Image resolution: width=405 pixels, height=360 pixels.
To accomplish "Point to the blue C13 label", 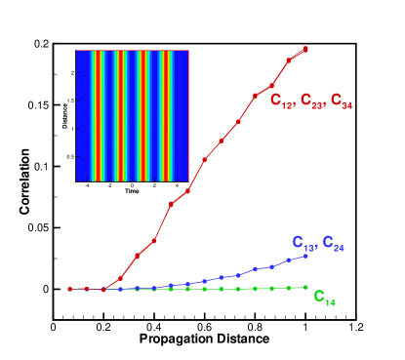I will pyautogui.click(x=304, y=242).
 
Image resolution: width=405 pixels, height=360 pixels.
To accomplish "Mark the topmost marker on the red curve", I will pyautogui.click(x=305, y=49).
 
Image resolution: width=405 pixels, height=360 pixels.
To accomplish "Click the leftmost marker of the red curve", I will pyautogui.click(x=70, y=289).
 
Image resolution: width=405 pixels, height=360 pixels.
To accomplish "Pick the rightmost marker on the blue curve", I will pyautogui.click(x=305, y=256).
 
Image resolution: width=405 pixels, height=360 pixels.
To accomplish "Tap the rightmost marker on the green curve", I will pyautogui.click(x=305, y=287).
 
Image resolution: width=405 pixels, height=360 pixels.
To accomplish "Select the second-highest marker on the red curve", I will pyautogui.click(x=289, y=60).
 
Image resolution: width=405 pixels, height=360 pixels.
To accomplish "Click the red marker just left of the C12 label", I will pyautogui.click(x=255, y=96).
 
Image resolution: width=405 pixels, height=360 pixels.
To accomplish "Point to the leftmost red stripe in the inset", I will pyautogui.click(x=94, y=115).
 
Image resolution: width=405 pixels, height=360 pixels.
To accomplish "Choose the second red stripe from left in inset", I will pyautogui.click(x=119, y=115).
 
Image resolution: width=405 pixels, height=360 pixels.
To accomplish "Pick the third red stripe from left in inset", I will pyautogui.click(x=144, y=115).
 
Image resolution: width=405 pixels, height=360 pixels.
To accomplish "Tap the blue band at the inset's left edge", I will pyautogui.click(x=80, y=115).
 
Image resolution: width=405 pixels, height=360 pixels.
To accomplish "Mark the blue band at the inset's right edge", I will pyautogui.click(x=184, y=115).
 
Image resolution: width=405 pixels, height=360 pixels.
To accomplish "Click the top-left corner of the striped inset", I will pyautogui.click(x=76, y=50).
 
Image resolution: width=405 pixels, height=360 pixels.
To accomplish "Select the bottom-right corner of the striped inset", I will pyautogui.click(x=188, y=180).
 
